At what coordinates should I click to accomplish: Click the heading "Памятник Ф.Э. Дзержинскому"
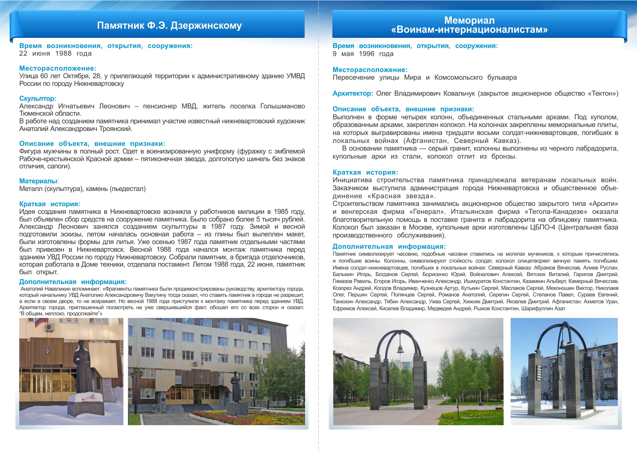pyautogui.click(x=169, y=25)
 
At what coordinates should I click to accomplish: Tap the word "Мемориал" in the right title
pyautogui.click(x=469, y=20)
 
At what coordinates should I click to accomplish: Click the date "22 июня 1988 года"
pyautogui.click(x=55, y=53)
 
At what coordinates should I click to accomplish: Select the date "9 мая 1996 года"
pyautogui.click(x=363, y=54)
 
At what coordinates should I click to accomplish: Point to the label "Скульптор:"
pyautogui.click(x=38, y=99)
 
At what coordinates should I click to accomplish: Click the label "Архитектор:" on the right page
pyautogui.click(x=353, y=93)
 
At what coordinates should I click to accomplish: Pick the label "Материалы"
pyautogui.click(x=38, y=181)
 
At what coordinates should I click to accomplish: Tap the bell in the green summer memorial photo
pyautogui.click(x=400, y=349)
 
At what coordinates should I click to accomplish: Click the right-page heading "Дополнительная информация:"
pyautogui.click(x=389, y=247)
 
